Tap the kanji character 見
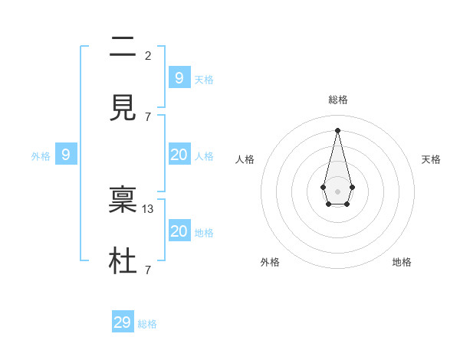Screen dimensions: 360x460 point(123,109)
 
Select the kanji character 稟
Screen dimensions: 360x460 point(123,201)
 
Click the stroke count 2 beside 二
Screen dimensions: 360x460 point(148,55)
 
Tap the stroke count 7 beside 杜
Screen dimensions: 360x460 point(148,270)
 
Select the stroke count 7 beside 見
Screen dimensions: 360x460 point(148,116)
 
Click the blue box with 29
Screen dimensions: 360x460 point(123,322)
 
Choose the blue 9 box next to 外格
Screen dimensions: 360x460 point(66,155)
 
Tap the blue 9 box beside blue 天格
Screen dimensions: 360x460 point(179,77)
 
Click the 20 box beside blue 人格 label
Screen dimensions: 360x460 point(179,155)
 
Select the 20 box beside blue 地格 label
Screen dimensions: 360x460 point(179,231)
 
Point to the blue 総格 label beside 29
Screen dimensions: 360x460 point(147,324)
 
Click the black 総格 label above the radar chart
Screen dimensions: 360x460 point(337,100)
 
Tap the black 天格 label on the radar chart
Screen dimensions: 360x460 point(431,159)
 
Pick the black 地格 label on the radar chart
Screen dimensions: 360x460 point(402,262)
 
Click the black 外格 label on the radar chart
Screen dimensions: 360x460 point(270,262)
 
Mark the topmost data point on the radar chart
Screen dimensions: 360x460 point(337,129)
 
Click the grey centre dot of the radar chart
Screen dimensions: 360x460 point(337,191)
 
